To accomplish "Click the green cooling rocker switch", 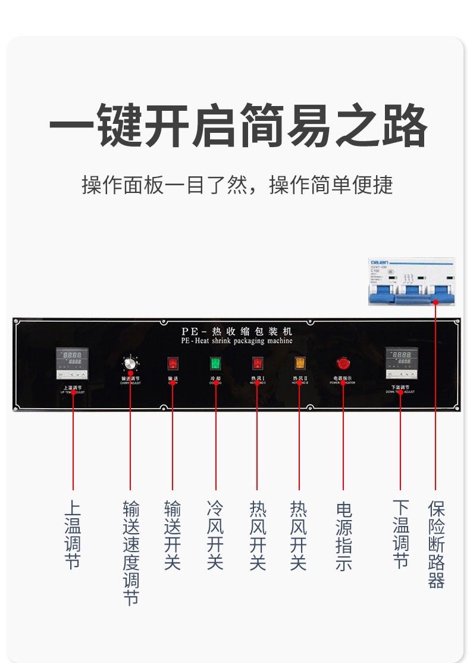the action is click(x=215, y=363).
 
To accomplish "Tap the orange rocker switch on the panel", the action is click(x=300, y=363).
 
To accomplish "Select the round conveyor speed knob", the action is click(x=130, y=363).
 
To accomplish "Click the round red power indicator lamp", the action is click(x=343, y=363).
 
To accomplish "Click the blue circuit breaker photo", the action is click(x=412, y=282).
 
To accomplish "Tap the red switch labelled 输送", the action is click(x=173, y=363).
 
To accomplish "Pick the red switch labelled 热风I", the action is click(x=258, y=363).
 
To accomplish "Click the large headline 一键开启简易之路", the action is click(x=238, y=126).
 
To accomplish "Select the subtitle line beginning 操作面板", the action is click(x=237, y=185).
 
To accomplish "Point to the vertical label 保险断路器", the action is click(x=436, y=544).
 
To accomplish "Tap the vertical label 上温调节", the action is click(x=73, y=534).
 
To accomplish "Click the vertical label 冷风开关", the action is click(x=215, y=534).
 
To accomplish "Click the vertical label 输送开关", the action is click(x=173, y=534).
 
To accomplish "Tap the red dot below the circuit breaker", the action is click(x=435, y=302).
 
